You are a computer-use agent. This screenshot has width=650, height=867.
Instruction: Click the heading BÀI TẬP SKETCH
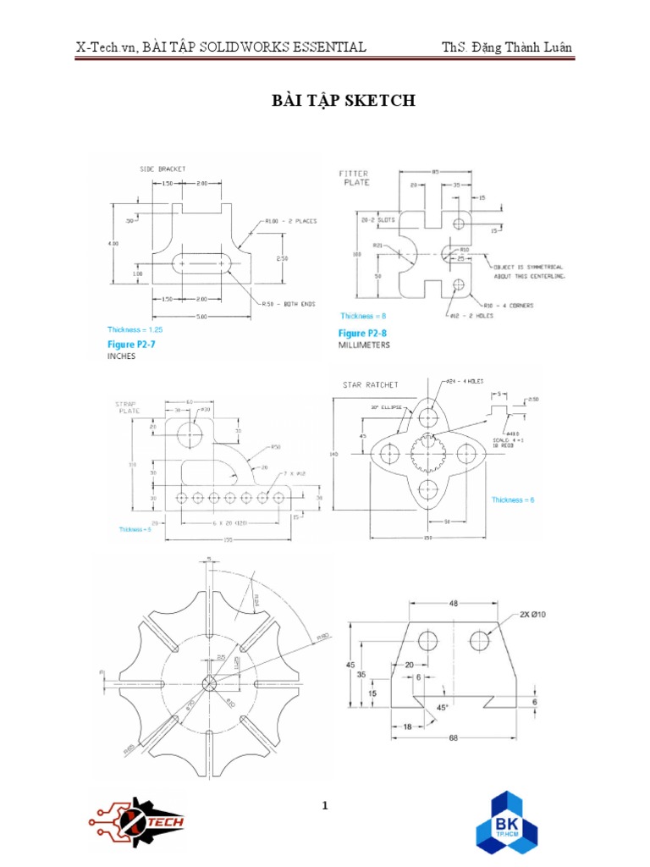(343, 101)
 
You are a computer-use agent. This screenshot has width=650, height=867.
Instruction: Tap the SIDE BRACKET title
(162, 169)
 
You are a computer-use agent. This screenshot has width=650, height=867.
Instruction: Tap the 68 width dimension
(453, 737)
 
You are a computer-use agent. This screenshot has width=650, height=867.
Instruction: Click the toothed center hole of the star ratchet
(427, 454)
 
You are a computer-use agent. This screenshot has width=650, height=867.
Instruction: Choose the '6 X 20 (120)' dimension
(226, 522)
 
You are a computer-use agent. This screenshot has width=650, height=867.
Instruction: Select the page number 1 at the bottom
(324, 806)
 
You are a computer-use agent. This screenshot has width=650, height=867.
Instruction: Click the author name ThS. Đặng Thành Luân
(507, 47)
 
